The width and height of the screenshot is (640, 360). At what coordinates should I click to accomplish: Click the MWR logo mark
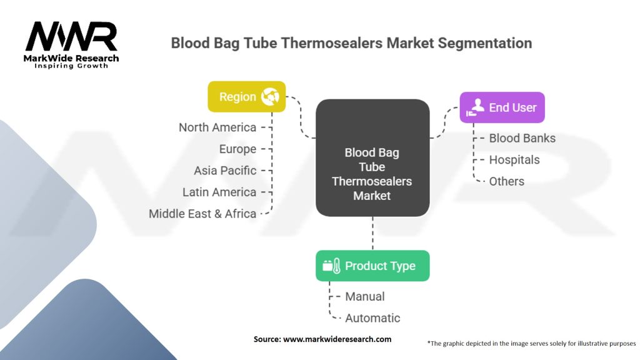tap(71, 36)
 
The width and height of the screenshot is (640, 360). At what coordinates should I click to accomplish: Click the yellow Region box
tap(246, 97)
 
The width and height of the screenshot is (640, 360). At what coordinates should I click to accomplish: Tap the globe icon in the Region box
tap(270, 97)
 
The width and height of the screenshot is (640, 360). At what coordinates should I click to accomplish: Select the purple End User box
tap(502, 107)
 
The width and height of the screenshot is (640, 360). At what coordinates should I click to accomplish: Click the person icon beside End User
tap(475, 107)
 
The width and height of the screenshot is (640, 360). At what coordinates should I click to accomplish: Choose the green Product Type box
tap(372, 266)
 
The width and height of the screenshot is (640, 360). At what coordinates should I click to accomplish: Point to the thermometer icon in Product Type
tap(336, 266)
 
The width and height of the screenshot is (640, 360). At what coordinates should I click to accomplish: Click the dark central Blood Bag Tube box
tap(372, 158)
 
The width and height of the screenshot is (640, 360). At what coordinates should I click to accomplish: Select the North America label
tap(217, 127)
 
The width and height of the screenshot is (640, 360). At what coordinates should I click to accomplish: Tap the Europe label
tap(237, 149)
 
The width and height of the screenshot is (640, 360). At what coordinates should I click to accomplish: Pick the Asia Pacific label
tap(225, 171)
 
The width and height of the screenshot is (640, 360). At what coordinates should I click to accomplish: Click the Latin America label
tap(219, 192)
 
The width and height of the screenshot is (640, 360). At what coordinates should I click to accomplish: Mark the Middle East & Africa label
tap(202, 214)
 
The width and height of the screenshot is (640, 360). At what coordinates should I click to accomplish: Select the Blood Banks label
tap(522, 138)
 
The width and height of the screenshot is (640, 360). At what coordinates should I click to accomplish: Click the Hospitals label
tap(514, 160)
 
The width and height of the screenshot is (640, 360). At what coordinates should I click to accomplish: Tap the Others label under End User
tap(506, 181)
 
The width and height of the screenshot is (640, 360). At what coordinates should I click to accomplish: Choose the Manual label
tap(365, 297)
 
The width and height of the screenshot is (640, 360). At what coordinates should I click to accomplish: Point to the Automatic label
tap(372, 318)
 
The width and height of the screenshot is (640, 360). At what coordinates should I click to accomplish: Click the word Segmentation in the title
tap(485, 43)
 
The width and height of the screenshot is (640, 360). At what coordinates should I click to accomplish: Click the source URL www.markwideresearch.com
tap(337, 339)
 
